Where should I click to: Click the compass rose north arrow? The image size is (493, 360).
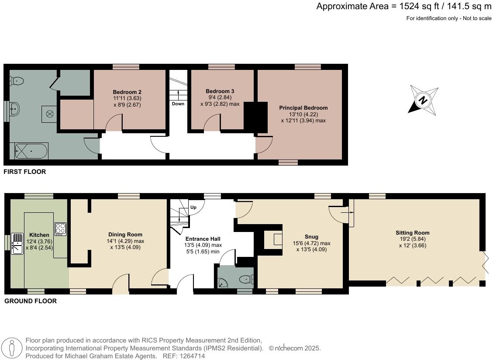pyautogui.click(x=423, y=100)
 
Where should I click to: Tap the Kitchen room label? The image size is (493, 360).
pyautogui.click(x=39, y=235)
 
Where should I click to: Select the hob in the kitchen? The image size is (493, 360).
pyautogui.click(x=60, y=229)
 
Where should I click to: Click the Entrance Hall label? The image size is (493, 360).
pyautogui.click(x=203, y=239)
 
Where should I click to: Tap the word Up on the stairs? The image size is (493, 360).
pyautogui.click(x=193, y=207)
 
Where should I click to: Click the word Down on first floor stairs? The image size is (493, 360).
pyautogui.click(x=178, y=104)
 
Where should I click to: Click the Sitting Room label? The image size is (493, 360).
pyautogui.click(x=412, y=233)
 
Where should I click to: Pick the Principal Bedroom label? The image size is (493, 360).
pyautogui.click(x=303, y=108)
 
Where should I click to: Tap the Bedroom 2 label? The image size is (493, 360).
pyautogui.click(x=127, y=92)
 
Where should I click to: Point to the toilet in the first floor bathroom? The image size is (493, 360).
pyautogui.click(x=17, y=80)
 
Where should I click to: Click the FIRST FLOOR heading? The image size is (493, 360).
pyautogui.click(x=24, y=172)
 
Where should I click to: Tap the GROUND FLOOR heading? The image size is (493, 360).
pyautogui.click(x=30, y=301)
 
